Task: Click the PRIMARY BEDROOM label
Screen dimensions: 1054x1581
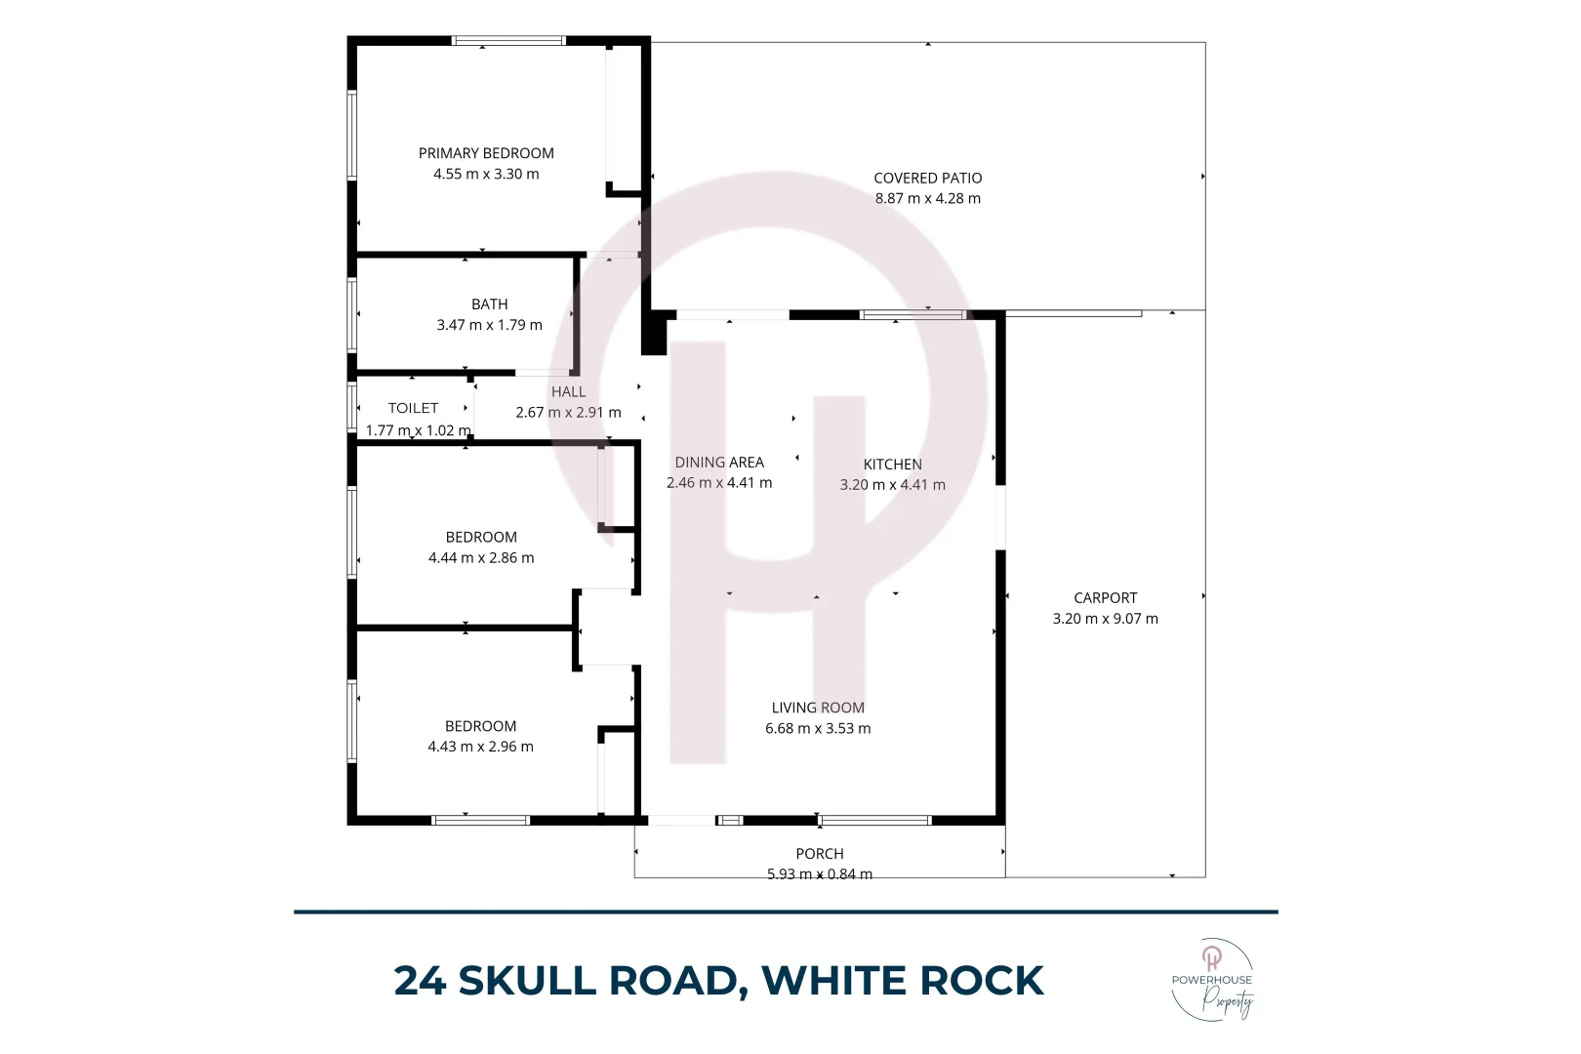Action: pyautogui.click(x=486, y=153)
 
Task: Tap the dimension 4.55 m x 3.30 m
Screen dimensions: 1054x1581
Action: pyautogui.click(x=486, y=174)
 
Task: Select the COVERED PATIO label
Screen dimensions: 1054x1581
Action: pyautogui.click(x=927, y=178)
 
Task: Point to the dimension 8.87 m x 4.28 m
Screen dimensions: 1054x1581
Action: pyautogui.click(x=927, y=198)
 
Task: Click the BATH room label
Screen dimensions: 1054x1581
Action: pyautogui.click(x=489, y=304)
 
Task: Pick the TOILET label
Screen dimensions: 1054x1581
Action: pyautogui.click(x=413, y=408)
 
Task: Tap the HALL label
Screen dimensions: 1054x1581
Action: pyautogui.click(x=568, y=391)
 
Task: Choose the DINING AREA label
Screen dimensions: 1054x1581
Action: pyautogui.click(x=719, y=463)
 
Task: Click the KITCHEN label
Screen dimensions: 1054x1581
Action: pyautogui.click(x=892, y=465)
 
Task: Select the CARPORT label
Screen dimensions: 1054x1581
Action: pyautogui.click(x=1105, y=598)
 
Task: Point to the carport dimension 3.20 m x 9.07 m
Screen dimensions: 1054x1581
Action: pyautogui.click(x=1105, y=619)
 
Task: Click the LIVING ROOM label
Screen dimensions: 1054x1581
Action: pyautogui.click(x=818, y=708)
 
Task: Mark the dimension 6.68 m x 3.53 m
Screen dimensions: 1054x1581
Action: pyautogui.click(x=818, y=728)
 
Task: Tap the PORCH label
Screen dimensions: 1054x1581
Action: pyautogui.click(x=819, y=854)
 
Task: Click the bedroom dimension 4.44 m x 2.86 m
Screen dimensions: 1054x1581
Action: pyautogui.click(x=481, y=558)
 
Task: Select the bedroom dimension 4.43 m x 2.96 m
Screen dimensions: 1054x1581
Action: pyautogui.click(x=480, y=747)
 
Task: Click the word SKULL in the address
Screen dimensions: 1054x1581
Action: pyautogui.click(x=527, y=981)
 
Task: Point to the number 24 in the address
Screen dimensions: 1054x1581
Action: pyautogui.click(x=420, y=981)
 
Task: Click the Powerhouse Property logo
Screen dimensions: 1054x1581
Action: pyautogui.click(x=1212, y=980)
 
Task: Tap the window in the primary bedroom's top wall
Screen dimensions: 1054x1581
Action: pyautogui.click(x=508, y=41)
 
